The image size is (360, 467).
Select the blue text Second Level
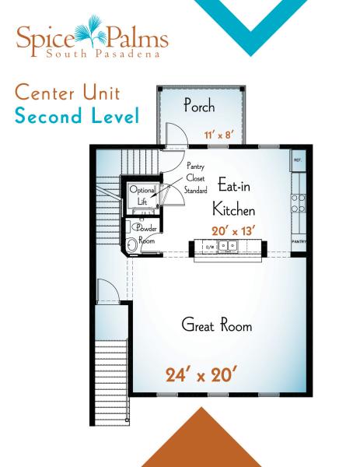[76, 118]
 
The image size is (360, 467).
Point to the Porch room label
[199, 106]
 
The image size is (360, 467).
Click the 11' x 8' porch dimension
[218, 134]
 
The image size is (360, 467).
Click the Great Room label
[217, 325]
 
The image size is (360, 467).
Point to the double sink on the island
[227, 246]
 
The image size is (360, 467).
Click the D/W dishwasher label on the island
[208, 247]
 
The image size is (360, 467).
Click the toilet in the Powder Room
[132, 245]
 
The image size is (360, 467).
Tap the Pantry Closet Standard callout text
[199, 177]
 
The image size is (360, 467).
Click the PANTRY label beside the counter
[298, 241]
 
